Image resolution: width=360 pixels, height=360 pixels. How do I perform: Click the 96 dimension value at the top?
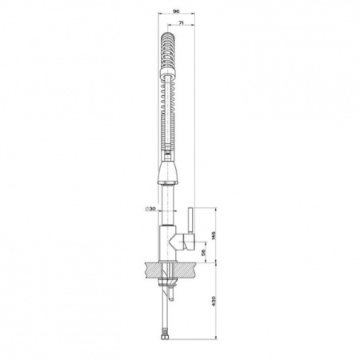176,11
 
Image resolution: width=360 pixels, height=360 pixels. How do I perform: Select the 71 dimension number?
181,23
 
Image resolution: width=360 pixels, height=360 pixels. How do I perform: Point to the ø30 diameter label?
150,209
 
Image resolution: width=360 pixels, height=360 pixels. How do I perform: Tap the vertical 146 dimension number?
213,235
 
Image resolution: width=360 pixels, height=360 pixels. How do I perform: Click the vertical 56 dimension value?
203,253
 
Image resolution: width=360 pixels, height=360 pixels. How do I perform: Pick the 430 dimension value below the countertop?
213,301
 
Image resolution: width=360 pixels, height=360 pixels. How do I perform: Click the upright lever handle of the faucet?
190,221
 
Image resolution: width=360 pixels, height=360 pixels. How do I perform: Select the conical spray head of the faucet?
167,172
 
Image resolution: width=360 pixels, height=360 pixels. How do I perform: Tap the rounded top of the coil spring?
167,36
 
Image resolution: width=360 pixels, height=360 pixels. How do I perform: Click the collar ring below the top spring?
167,72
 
